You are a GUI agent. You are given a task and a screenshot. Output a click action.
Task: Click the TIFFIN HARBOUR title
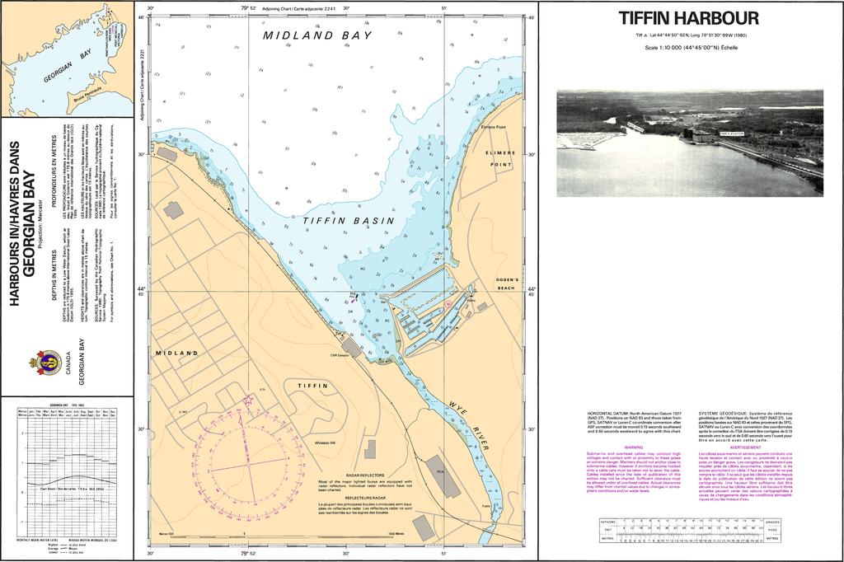click(688, 18)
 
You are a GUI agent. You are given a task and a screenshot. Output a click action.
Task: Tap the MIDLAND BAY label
click(318, 35)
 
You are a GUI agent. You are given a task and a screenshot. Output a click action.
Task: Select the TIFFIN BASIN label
click(348, 221)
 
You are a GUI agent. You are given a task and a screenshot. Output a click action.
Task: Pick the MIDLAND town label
click(176, 353)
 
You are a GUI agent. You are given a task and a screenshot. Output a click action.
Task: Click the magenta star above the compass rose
click(248, 400)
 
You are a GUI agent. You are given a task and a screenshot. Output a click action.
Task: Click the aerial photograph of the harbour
click(689, 143)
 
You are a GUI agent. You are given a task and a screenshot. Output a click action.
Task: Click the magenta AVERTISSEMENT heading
click(746, 447)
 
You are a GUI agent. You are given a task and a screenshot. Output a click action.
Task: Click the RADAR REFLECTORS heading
click(363, 475)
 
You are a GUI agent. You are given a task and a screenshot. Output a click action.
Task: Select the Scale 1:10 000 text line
click(688, 47)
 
